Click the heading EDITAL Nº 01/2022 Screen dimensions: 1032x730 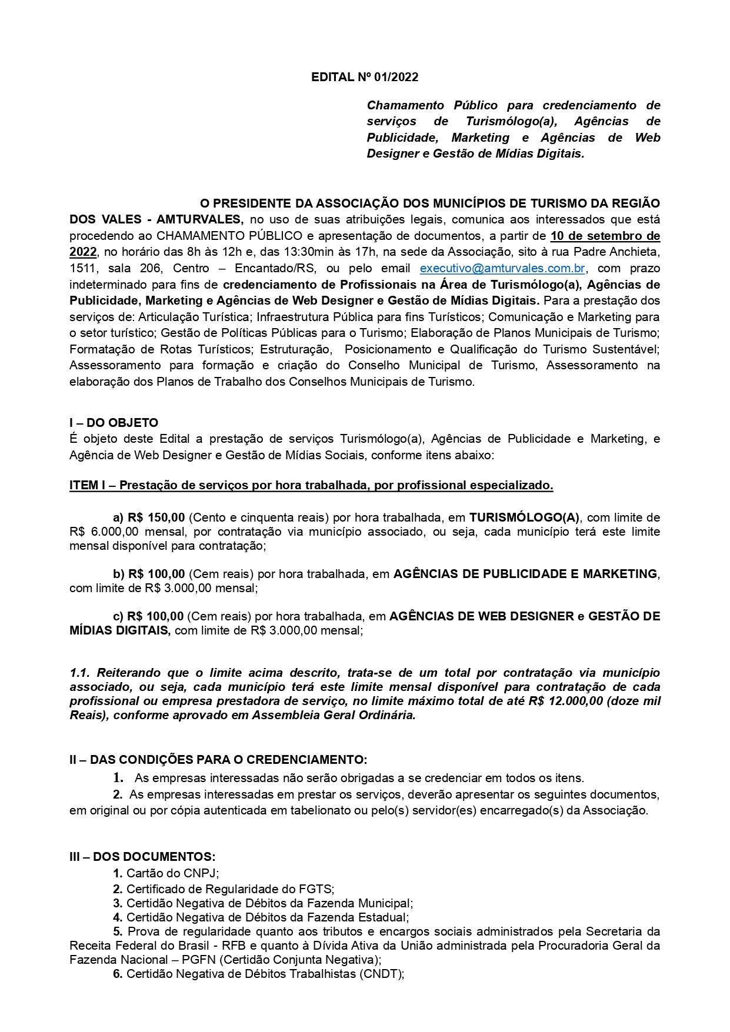[x=365, y=77]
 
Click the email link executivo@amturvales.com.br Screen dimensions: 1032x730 [x=502, y=268]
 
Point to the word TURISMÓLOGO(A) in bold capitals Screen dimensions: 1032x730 [x=524, y=517]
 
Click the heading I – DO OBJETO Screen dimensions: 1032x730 [x=114, y=423]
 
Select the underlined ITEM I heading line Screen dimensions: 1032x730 [x=311, y=486]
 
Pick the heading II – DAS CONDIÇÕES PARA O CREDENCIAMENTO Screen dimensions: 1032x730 [x=218, y=760]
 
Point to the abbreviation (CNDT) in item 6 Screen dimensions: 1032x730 [x=384, y=973]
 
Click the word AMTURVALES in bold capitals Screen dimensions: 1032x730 [x=199, y=219]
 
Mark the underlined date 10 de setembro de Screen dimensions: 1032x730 [x=605, y=236]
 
